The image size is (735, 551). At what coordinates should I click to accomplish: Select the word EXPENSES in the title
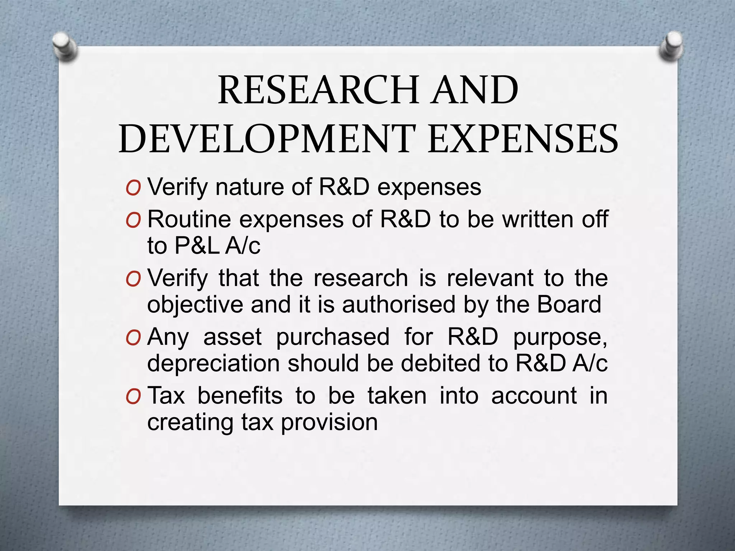tap(523, 139)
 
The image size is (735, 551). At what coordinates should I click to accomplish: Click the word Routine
tap(189, 219)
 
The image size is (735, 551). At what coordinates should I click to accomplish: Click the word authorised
tap(398, 305)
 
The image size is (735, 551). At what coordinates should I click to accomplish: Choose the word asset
tap(233, 337)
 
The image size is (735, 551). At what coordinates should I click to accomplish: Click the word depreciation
tap(213, 363)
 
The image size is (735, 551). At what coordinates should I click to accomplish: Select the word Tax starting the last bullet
tap(166, 396)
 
